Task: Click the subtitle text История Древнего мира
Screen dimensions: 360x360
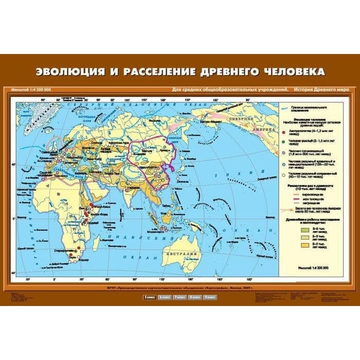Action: (x=322, y=89)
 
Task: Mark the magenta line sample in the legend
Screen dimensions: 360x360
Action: (x=300, y=199)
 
